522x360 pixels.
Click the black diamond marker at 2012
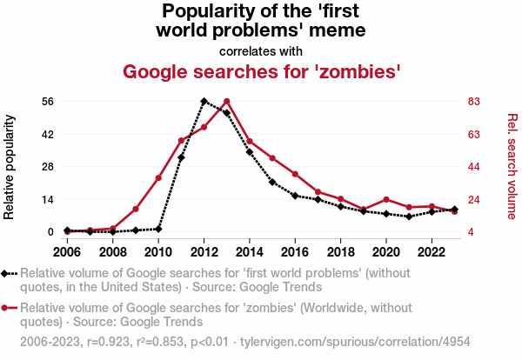tap(204, 101)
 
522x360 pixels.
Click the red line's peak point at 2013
tap(226, 101)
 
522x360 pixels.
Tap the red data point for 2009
tap(136, 209)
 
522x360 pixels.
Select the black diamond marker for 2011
tap(181, 157)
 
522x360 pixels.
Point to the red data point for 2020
tap(385, 200)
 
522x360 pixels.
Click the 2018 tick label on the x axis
tap(340, 251)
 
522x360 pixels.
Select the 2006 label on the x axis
tap(67, 251)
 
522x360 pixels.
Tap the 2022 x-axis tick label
tap(431, 251)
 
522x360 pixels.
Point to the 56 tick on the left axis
tap(48, 101)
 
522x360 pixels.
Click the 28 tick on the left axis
tap(48, 166)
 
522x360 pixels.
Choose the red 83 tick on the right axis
tap(474, 101)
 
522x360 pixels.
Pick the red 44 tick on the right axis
tap(474, 166)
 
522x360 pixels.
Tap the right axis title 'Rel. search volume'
tap(512, 166)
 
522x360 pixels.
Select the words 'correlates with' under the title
tap(261, 50)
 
